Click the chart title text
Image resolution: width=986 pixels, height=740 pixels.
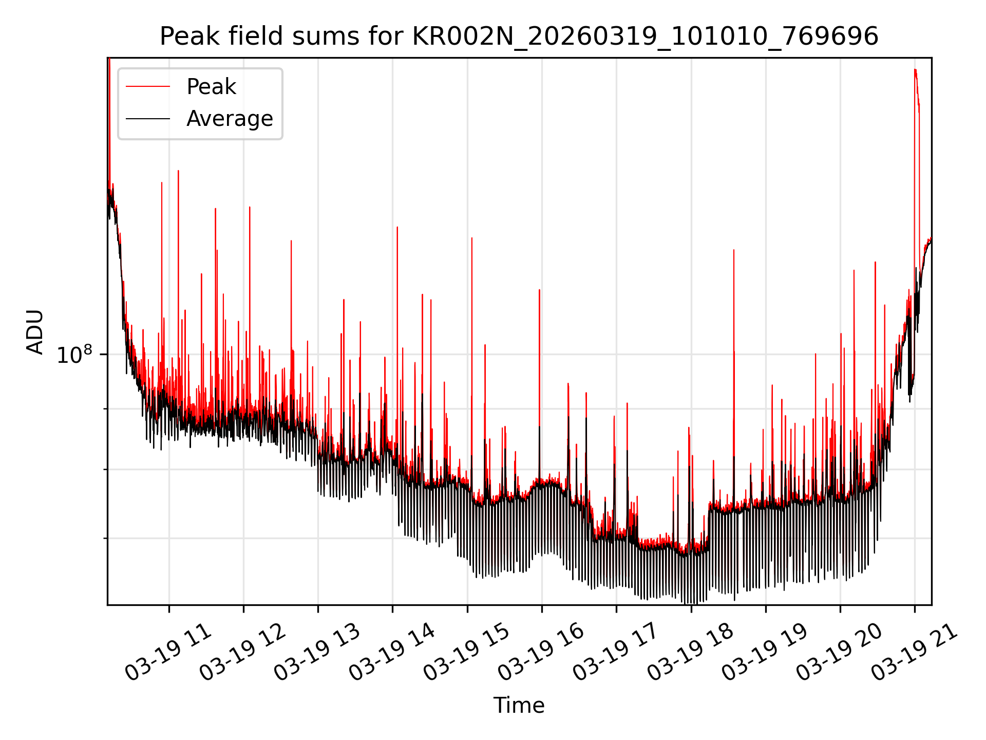point(519,36)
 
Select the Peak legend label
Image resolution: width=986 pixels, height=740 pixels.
point(211,87)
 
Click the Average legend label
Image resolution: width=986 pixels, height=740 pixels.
point(230,119)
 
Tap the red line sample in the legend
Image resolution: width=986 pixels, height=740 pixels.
point(148,87)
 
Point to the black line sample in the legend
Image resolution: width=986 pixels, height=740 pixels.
point(148,119)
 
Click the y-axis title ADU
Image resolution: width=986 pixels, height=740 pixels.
point(35,331)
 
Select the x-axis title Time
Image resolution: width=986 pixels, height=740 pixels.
point(519,706)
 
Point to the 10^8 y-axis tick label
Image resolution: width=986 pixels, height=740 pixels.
point(74,355)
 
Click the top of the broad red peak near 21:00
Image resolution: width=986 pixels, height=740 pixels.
point(915,70)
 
